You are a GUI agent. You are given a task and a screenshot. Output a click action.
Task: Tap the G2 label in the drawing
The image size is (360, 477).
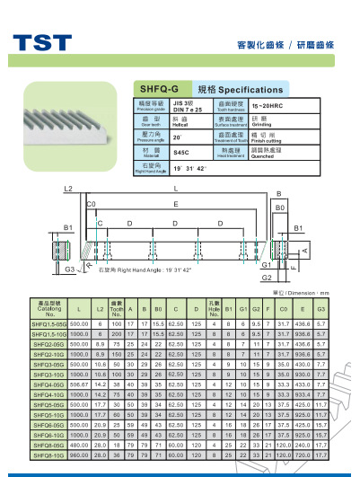pyautogui.click(x=266, y=278)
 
